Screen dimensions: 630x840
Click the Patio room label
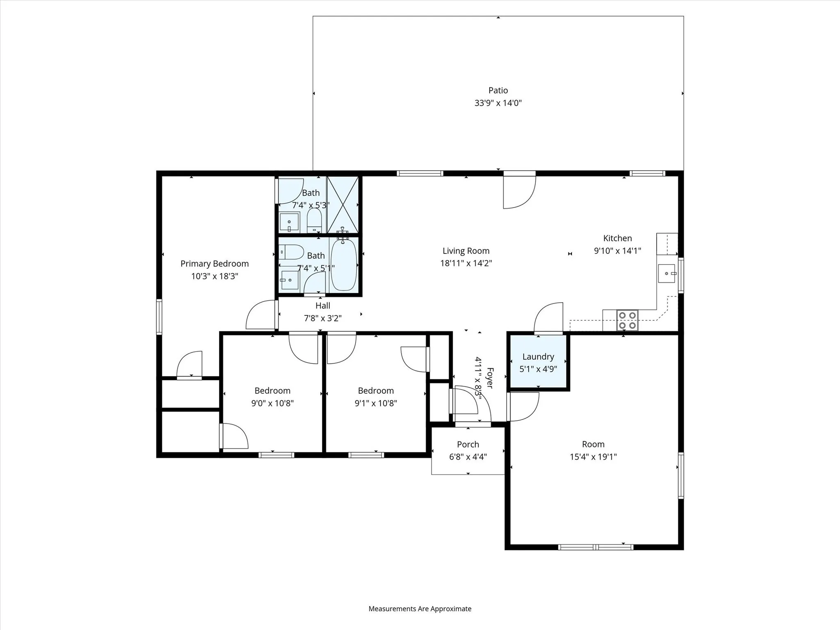498,90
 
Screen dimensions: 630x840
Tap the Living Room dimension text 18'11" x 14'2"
466,263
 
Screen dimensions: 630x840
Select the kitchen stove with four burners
628,320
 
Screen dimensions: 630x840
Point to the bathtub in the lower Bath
344,265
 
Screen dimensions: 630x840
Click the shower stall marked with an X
342,205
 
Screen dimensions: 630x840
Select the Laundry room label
538,357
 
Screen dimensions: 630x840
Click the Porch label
468,445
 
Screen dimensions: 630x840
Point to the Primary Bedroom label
215,264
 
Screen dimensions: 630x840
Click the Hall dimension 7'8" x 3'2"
323,318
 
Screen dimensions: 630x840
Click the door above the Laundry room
549,318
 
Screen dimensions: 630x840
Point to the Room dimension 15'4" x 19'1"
593,457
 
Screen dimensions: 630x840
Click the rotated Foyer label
490,378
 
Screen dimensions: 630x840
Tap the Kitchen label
617,238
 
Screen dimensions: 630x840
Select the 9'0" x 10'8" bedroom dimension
272,403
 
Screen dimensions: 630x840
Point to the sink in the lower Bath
290,280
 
